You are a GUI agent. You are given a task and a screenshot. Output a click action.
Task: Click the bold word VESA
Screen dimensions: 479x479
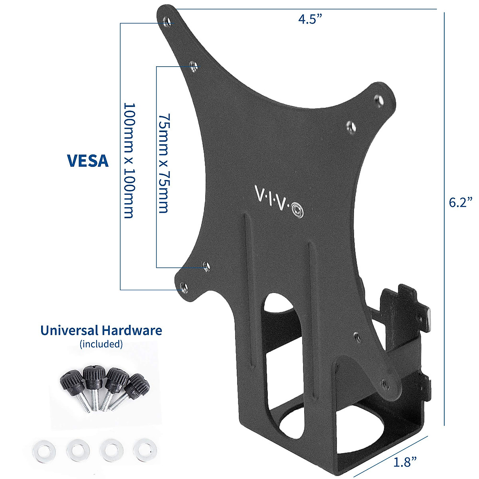(x=88, y=160)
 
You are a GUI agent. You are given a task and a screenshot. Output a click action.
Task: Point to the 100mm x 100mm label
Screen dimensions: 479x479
(x=129, y=160)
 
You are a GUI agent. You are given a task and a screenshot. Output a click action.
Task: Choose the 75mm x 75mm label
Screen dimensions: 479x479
(x=163, y=164)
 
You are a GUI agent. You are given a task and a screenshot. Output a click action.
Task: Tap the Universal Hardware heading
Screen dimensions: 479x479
(x=101, y=331)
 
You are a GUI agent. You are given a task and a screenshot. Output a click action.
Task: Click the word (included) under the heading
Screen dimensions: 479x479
(x=101, y=344)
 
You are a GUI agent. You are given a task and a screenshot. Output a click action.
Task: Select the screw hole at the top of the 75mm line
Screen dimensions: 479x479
(x=193, y=66)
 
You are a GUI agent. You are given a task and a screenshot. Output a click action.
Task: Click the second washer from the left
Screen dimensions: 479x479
(x=76, y=451)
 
